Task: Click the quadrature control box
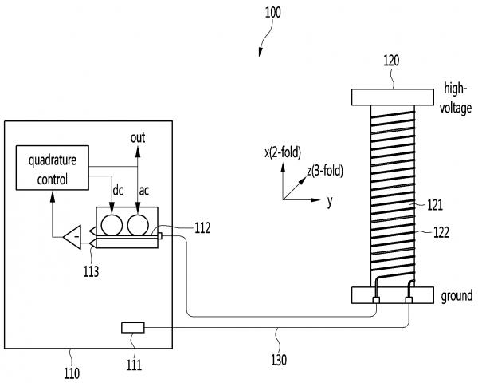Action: point(53,168)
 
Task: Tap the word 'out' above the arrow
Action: point(138,138)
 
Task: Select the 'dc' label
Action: point(118,191)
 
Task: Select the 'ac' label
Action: point(144,191)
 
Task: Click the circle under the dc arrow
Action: point(112,225)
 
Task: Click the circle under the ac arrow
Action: point(138,225)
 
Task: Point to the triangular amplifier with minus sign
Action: point(72,237)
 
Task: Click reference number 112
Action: point(202,228)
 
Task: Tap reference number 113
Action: point(91,271)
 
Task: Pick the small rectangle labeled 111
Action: point(133,328)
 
